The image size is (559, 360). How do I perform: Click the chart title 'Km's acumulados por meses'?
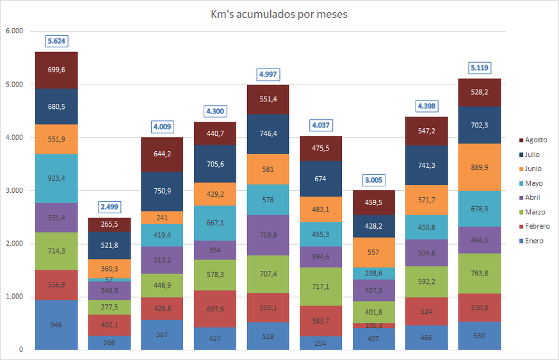point(279,13)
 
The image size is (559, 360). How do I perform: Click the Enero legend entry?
point(533,241)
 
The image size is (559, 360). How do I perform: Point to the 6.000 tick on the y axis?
point(14,31)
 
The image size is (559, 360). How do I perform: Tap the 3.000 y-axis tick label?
point(14,190)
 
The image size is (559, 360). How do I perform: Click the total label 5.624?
point(56,41)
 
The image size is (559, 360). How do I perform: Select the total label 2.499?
point(109,206)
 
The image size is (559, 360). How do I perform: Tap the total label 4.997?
point(268,74)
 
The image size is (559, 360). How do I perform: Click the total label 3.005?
point(373,180)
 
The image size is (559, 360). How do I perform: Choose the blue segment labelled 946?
point(56,325)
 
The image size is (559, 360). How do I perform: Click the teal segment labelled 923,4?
point(56,178)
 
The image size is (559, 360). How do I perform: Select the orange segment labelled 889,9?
point(479,167)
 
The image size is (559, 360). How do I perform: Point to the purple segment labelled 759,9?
point(268,235)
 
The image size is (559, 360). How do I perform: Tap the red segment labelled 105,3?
point(373,325)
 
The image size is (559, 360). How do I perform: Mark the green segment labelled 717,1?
point(320,286)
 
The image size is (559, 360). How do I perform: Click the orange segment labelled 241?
point(162,217)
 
